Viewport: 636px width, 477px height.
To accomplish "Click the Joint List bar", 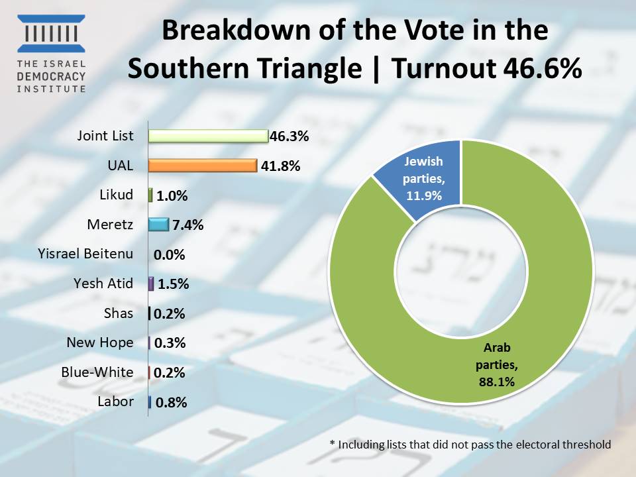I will (x=207, y=136).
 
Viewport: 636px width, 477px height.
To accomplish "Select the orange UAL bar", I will (x=202, y=166).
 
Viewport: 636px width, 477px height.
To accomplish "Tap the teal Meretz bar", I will (x=158, y=225).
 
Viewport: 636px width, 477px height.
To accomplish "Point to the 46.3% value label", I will (x=290, y=137).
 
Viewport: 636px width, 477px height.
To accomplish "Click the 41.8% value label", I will (x=279, y=166).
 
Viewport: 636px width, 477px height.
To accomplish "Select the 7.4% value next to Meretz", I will (x=188, y=225).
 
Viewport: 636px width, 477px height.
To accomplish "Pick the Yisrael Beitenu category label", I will (x=87, y=254).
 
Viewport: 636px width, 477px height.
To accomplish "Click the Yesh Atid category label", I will (x=103, y=284).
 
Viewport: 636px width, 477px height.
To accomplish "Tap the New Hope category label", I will (x=99, y=343).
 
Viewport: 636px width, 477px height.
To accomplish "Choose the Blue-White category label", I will (x=97, y=372).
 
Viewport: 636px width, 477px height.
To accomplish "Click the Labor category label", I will (x=115, y=401).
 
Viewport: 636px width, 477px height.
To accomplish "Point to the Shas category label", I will (x=119, y=313).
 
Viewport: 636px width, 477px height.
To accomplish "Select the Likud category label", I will (x=117, y=195).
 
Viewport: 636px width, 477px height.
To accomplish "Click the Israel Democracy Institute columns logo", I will (x=52, y=33).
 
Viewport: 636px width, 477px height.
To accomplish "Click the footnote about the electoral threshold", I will (x=470, y=445).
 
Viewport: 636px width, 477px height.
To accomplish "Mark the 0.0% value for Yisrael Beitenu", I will (x=169, y=255).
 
